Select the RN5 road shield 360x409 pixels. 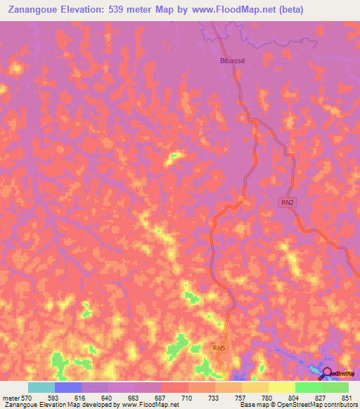pos(220,348)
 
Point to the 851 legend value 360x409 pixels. pos(347,397)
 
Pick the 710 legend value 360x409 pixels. pos(187,397)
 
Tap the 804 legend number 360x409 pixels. pos(293,397)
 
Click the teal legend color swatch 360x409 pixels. pos(41,387)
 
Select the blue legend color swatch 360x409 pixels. pos(68,387)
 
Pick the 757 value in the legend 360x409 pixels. pos(240,397)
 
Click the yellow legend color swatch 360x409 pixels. pos(282,387)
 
